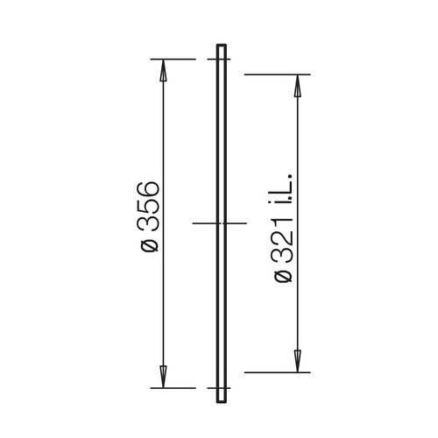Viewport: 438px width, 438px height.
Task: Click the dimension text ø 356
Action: tap(148, 216)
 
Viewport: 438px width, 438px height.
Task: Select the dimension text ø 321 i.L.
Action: tap(283, 228)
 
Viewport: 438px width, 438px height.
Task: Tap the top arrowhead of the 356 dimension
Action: tap(163, 70)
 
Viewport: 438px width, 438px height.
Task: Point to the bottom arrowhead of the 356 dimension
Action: tap(163, 377)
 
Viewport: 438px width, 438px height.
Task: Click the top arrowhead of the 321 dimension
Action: tap(297, 86)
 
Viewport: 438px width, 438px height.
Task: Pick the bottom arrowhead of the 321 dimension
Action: tap(297, 362)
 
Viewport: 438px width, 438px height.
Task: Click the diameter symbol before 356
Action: tap(150, 245)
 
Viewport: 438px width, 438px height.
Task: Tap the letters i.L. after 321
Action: tap(283, 188)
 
